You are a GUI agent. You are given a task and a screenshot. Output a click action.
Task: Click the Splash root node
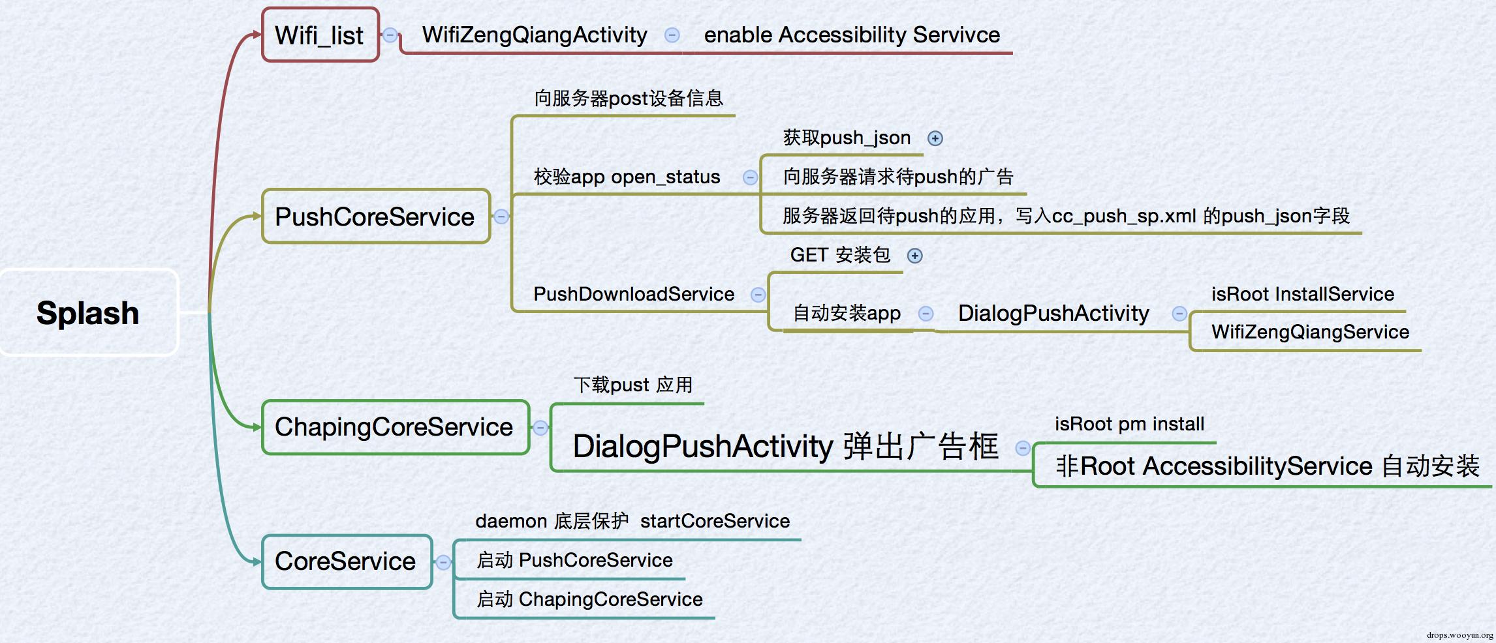point(89,312)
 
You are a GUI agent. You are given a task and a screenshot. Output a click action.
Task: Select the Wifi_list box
point(320,35)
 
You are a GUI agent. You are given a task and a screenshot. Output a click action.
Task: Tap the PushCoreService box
point(376,217)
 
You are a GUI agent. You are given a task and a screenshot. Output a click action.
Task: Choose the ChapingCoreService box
point(395,427)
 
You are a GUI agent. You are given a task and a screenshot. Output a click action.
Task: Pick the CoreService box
point(347,561)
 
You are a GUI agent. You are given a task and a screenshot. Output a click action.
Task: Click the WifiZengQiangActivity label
point(535,35)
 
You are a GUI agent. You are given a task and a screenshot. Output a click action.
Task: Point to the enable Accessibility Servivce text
point(852,35)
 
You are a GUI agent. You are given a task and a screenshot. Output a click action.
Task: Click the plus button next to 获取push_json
point(935,138)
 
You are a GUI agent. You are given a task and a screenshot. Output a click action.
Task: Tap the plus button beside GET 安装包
point(915,256)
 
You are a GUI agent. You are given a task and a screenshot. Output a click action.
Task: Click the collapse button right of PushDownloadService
point(758,295)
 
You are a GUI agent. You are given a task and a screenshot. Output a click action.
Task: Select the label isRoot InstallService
point(1303,294)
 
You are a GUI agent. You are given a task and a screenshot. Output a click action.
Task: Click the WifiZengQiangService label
point(1311,332)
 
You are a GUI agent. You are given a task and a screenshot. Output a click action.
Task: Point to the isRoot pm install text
point(1129,424)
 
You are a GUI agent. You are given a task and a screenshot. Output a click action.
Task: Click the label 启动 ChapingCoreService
point(589,599)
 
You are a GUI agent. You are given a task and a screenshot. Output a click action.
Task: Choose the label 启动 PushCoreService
point(574,560)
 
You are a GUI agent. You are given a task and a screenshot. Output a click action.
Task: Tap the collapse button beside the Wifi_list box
point(390,35)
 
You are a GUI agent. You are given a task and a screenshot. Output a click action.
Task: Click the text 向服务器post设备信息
point(629,98)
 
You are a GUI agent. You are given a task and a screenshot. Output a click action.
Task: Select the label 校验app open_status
point(627,177)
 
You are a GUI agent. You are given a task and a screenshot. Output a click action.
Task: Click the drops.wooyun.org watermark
point(1459,635)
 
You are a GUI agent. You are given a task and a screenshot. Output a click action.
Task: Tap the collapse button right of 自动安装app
point(926,314)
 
